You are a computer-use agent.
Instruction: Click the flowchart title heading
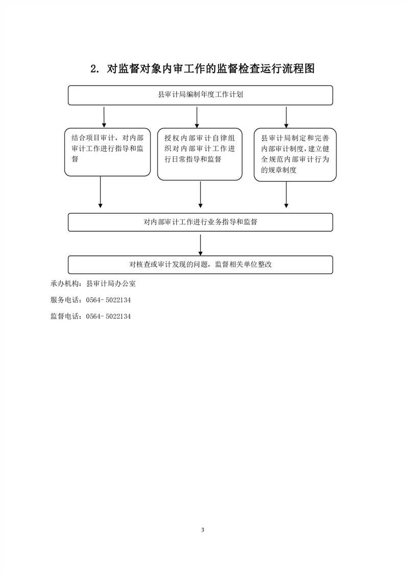202,69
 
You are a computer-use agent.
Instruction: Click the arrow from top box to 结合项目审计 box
104,117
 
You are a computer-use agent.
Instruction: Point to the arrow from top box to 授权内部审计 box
197,117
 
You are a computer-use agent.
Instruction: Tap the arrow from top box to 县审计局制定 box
286,117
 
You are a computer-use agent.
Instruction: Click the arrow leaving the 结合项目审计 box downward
101,192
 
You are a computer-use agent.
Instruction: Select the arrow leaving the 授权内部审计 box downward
200,194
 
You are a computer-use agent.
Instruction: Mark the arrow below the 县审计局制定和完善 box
286,195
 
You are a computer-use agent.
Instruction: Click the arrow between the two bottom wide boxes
200,245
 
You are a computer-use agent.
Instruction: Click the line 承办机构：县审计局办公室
93,284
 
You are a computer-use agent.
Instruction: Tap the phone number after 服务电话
108,300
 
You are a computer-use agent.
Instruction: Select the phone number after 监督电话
108,317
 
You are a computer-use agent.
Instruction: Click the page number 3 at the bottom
202,530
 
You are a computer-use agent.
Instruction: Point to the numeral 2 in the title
93,69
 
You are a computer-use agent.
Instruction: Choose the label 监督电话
65,317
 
